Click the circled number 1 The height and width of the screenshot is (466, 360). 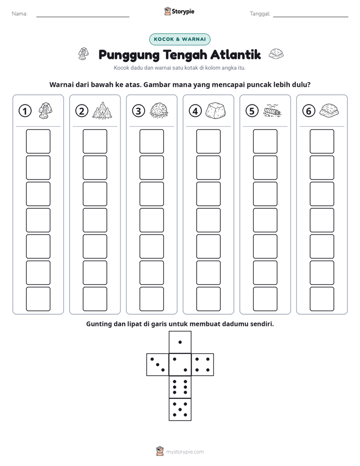(25, 111)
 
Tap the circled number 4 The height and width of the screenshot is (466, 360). (195, 111)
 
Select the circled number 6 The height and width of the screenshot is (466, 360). (309, 111)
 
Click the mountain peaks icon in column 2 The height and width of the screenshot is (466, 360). (102, 110)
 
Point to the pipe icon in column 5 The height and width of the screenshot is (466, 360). (272, 110)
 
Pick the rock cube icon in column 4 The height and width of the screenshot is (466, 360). (216, 111)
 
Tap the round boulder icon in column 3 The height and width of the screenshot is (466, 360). (159, 111)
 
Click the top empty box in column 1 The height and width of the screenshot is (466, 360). (38, 141)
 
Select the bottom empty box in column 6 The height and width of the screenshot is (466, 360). (322, 299)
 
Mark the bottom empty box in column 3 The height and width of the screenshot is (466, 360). (151, 299)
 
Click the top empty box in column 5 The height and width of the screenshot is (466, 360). (265, 141)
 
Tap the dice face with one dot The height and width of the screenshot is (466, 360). (180, 342)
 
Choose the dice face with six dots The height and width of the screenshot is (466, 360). (180, 387)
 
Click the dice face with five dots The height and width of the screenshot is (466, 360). (180, 410)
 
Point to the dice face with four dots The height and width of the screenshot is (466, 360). (203, 365)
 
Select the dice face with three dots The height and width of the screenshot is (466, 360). (158, 365)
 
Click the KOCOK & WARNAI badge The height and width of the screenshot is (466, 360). (179, 39)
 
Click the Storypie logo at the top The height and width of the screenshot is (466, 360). (179, 12)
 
